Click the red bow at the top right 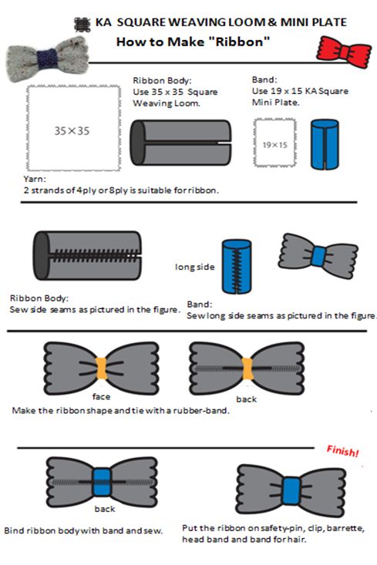pos(344,52)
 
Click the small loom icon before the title pos(82,25)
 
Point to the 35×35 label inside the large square pos(72,131)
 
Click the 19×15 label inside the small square pos(274,145)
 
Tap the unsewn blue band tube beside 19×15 pos(325,144)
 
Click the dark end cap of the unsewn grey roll pos(137,143)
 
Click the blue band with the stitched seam pos(237,267)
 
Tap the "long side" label pos(194,267)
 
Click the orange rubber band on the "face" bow pos(101,368)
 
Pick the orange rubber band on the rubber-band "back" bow pos(247,368)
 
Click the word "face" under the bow pos(101,397)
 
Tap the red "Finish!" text pos(343,451)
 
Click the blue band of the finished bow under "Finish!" pos(291,490)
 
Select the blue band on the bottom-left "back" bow pos(102,482)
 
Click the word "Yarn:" pos(35,179)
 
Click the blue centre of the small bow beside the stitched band pos(318,256)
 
